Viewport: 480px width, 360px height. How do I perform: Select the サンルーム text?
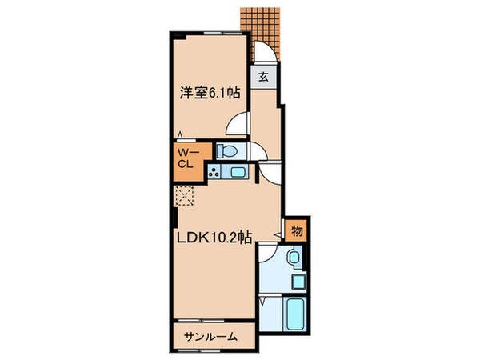[210, 337]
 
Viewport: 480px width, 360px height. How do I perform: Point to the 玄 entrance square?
[263, 77]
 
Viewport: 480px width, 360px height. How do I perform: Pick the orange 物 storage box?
[296, 230]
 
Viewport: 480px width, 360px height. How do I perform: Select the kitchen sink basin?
[238, 172]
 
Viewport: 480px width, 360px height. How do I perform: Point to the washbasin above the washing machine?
[295, 258]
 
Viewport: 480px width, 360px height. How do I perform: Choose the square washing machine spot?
[298, 282]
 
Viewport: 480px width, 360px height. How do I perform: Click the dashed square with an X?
[186, 195]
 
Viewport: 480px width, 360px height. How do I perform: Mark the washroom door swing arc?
[269, 254]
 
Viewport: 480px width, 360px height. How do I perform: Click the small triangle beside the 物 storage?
[279, 233]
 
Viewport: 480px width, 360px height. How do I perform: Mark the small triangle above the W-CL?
[182, 135]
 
